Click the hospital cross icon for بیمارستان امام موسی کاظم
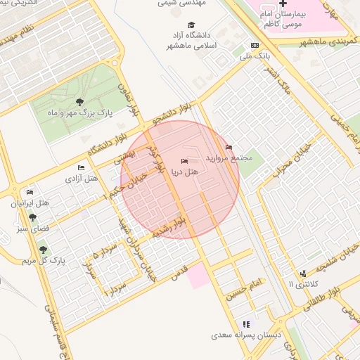pyautogui.click(x=283, y=4)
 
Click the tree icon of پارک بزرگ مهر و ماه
pyautogui.click(x=79, y=103)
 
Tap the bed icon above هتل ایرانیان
pyautogui.click(x=30, y=192)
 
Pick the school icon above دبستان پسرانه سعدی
pyautogui.click(x=245, y=324)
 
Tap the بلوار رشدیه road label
pyautogui.click(x=172, y=229)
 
